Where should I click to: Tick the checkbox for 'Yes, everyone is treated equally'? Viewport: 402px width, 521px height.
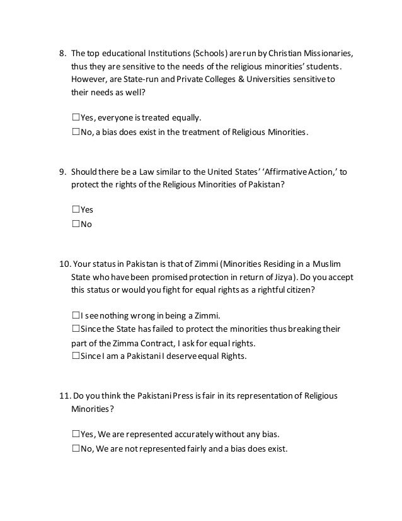[76, 117]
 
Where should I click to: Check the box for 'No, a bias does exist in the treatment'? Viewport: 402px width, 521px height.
[76, 132]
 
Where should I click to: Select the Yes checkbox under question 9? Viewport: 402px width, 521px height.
[76, 209]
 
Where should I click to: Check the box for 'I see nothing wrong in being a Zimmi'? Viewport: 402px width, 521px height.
[76, 315]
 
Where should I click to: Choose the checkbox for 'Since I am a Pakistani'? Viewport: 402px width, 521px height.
[76, 356]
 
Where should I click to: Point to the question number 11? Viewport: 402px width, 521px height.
[63, 396]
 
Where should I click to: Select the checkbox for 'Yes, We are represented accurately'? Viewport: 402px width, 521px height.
[76, 434]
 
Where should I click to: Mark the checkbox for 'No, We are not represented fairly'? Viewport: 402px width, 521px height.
[76, 448]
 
